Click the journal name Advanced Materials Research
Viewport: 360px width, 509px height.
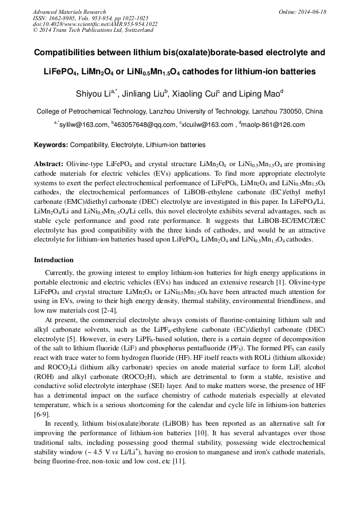coord(69,12)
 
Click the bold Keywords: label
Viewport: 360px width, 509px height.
coord(51,144)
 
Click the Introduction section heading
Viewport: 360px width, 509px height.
coord(54,260)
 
